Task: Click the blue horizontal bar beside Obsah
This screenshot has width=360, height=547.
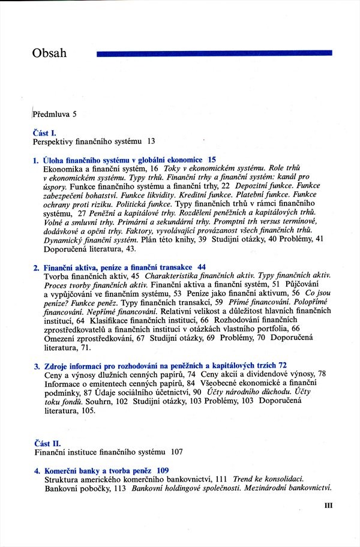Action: (x=214, y=53)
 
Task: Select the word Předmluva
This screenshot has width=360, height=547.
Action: (x=50, y=113)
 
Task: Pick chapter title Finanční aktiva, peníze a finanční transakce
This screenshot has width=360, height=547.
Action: (x=117, y=267)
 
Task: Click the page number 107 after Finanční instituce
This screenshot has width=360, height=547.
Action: (x=176, y=452)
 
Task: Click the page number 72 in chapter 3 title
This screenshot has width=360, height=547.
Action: (x=283, y=365)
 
